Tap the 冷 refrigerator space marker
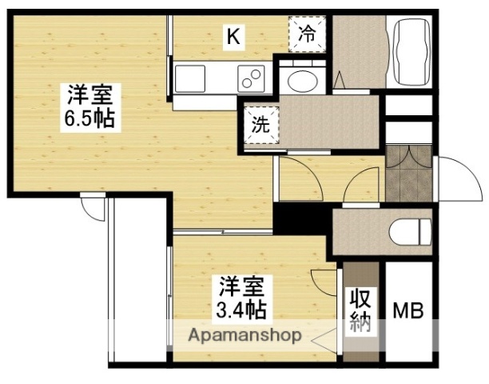click(307, 34)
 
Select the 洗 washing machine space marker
click(260, 126)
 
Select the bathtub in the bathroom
click(410, 54)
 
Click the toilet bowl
click(412, 232)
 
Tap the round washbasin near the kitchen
click(301, 81)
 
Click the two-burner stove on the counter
click(252, 78)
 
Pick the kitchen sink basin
click(192, 78)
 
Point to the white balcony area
click(137, 280)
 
